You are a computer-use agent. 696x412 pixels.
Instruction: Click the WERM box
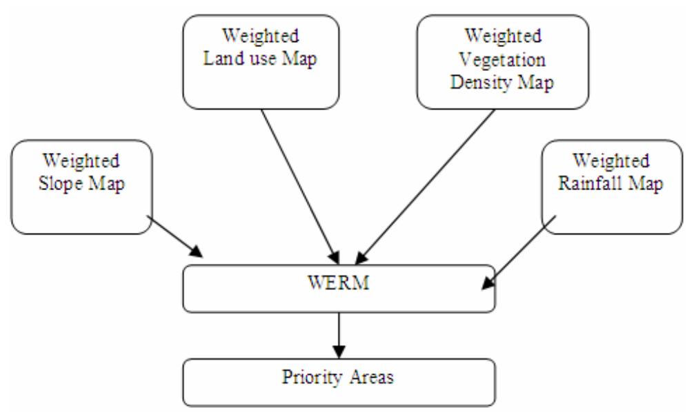338,287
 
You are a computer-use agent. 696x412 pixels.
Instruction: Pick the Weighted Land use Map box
261,62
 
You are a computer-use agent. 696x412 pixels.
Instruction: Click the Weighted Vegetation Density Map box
502,62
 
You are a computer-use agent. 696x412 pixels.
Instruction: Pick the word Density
480,81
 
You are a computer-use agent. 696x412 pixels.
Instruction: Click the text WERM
338,283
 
